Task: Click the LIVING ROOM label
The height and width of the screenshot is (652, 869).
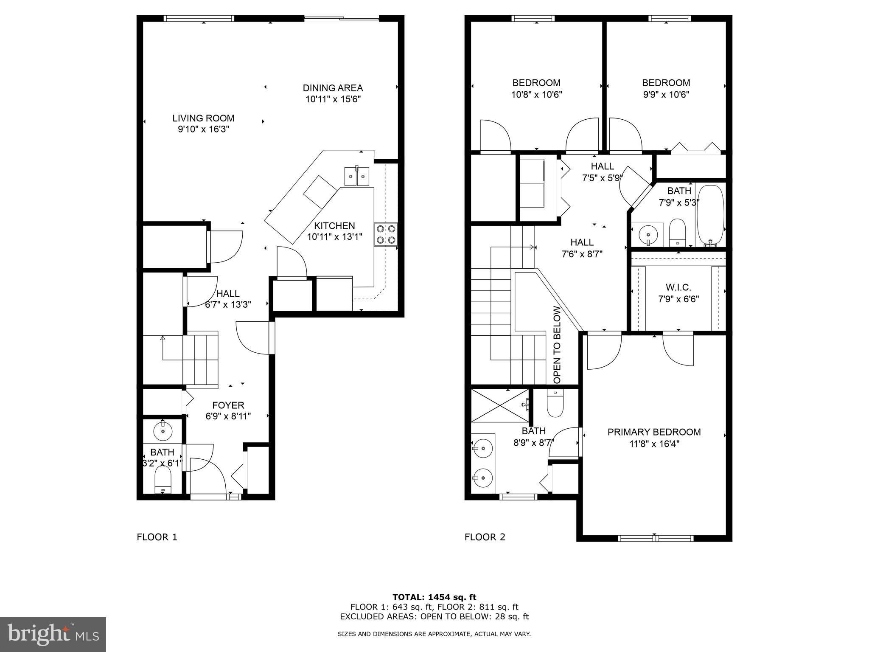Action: [x=203, y=118]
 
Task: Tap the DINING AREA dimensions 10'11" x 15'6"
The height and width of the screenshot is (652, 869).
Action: [x=333, y=99]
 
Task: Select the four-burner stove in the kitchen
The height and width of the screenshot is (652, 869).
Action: [x=386, y=234]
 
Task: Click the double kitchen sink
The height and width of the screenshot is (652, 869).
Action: [x=356, y=176]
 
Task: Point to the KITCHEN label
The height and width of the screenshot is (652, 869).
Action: [x=334, y=226]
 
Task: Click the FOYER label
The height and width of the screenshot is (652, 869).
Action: [x=228, y=405]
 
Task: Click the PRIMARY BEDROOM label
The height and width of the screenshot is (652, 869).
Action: [x=654, y=432]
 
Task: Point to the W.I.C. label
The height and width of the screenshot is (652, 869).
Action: [x=678, y=288]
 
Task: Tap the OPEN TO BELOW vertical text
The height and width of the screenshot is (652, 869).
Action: [x=557, y=345]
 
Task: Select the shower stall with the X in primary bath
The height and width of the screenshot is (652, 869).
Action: [x=500, y=405]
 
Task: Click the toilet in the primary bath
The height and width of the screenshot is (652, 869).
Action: [x=555, y=404]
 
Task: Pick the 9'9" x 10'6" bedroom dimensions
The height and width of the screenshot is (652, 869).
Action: [x=666, y=94]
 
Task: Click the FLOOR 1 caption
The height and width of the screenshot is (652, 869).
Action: [x=157, y=537]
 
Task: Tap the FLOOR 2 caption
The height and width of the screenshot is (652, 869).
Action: [x=485, y=537]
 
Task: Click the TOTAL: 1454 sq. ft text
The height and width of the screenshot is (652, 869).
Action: [x=434, y=597]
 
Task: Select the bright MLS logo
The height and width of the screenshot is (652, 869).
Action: [x=53, y=634]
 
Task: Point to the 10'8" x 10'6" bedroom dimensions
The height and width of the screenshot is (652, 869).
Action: [x=536, y=94]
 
